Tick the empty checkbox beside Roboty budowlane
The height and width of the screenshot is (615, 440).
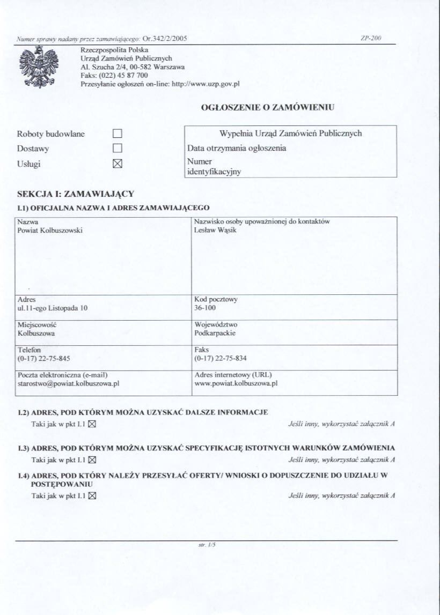pyautogui.click(x=118, y=134)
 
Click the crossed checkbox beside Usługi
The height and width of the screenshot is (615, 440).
pyautogui.click(x=118, y=164)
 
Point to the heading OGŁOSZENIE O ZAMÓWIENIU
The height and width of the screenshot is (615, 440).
pyautogui.click(x=267, y=107)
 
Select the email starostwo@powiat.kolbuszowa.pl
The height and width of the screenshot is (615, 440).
pyautogui.click(x=68, y=384)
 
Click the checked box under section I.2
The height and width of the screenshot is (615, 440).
pyautogui.click(x=92, y=424)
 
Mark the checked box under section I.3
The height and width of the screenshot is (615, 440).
pyautogui.click(x=92, y=460)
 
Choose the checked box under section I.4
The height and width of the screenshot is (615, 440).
pyautogui.click(x=92, y=495)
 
